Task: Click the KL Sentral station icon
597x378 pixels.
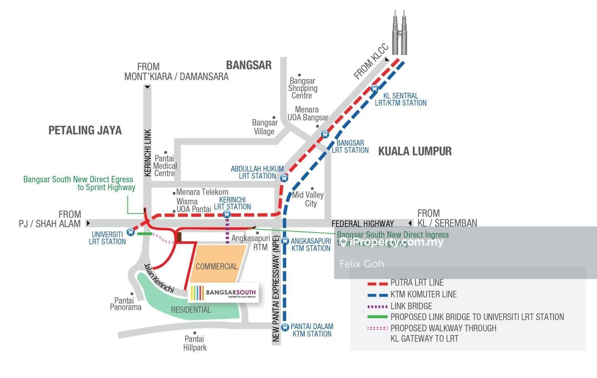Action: tap(374, 88)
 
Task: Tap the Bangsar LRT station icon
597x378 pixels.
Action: tap(325, 134)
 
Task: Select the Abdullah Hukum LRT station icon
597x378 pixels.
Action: tap(284, 178)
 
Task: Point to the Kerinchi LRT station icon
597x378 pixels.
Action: tap(227, 214)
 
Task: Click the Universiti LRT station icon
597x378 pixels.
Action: tap(131, 232)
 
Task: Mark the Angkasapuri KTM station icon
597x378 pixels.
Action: tap(285, 241)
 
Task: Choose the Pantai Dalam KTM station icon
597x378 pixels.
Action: tap(285, 327)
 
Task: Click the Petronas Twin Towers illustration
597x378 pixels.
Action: tap(400, 33)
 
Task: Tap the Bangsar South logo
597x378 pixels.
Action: tap(224, 293)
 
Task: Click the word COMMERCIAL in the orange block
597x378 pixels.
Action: tap(216, 267)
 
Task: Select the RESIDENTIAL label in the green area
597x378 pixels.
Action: tap(191, 310)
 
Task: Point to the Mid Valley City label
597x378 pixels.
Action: tap(308, 199)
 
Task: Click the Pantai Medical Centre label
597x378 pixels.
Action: tap(165, 166)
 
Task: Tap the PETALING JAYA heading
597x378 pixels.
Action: tap(85, 131)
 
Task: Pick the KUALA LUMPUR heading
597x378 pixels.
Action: tap(415, 151)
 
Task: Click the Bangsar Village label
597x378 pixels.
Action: tap(265, 127)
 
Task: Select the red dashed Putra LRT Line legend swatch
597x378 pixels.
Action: tap(377, 283)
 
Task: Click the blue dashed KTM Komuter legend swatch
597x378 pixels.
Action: tap(377, 295)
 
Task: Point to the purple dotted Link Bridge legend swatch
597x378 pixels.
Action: tap(377, 307)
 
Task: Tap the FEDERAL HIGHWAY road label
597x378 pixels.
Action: tap(362, 224)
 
